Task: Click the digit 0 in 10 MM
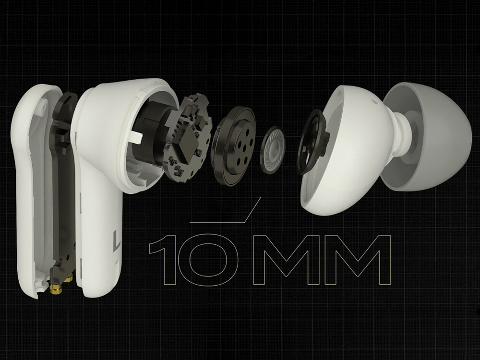coord(208,260)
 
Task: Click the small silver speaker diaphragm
coord(273,150)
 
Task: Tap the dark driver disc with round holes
coord(233,146)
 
